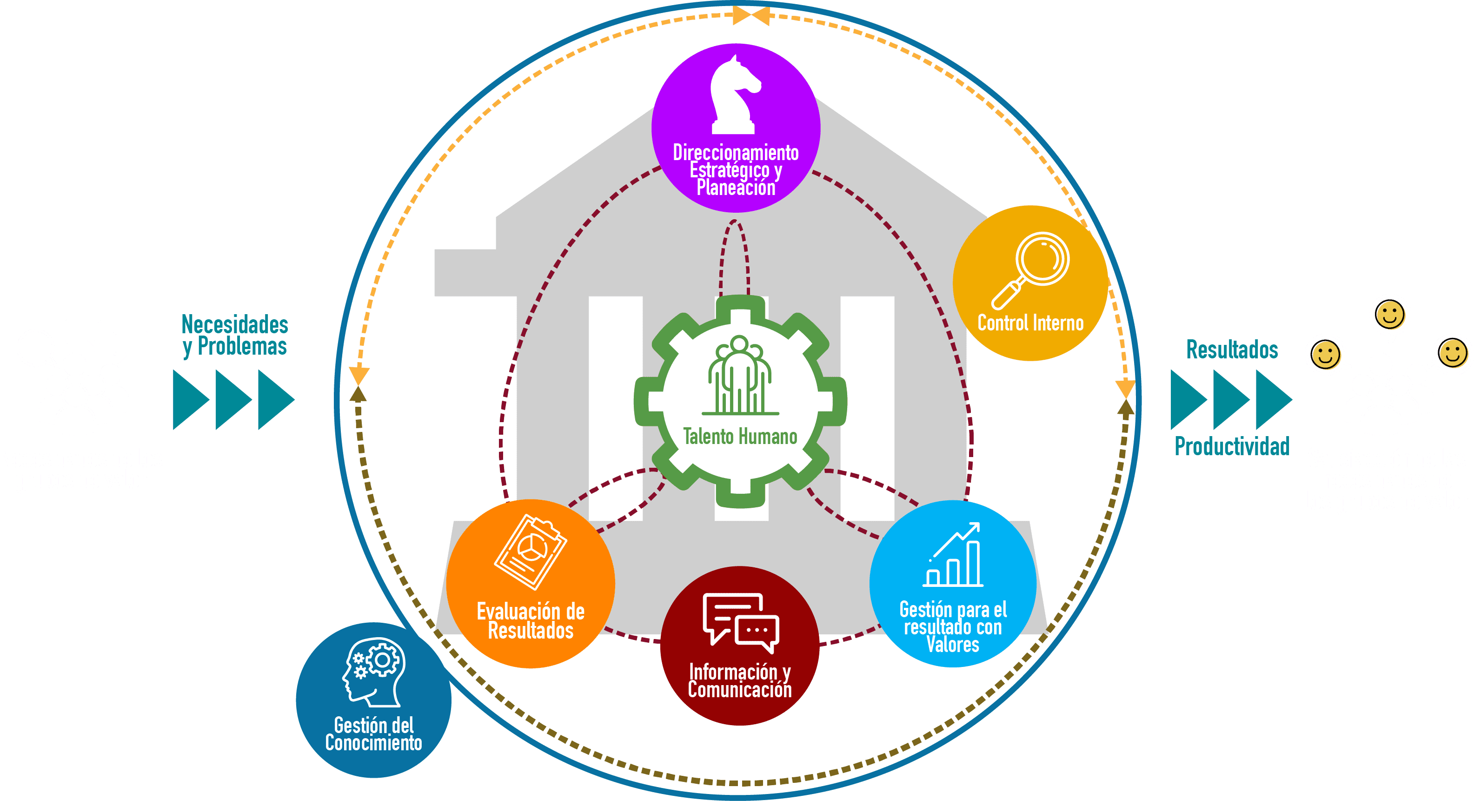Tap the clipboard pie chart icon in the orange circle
coord(531,552)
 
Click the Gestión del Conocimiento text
coord(374,734)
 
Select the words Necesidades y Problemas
coord(235,335)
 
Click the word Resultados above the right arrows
coord(1232,349)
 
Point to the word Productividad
coord(1232,446)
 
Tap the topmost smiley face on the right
coord(1390,315)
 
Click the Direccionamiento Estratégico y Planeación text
coord(736,170)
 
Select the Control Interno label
coord(1030,323)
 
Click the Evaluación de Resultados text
coord(531,621)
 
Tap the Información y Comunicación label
coord(740,681)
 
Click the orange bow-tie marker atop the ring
coord(751,15)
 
